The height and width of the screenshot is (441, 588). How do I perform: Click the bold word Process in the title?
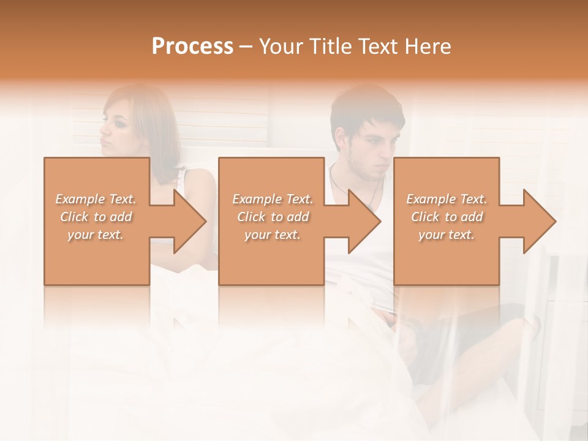pyautogui.click(x=192, y=47)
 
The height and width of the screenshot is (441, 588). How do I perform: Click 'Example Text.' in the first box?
pyautogui.click(x=96, y=199)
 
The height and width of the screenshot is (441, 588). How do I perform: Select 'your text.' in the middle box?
pyautogui.click(x=272, y=235)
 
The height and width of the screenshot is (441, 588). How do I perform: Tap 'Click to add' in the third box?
pyautogui.click(x=447, y=217)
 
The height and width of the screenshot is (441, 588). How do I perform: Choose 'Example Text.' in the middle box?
pyautogui.click(x=272, y=199)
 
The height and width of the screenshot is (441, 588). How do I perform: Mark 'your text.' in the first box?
pyautogui.click(x=96, y=235)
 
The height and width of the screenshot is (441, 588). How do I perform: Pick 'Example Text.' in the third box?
pyautogui.click(x=447, y=199)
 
